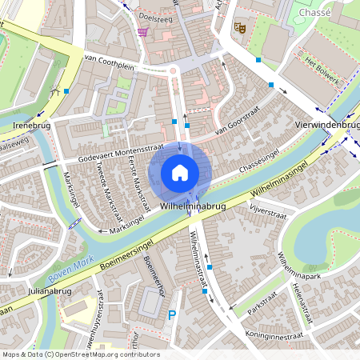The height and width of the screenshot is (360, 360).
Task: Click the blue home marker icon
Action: click(180, 173)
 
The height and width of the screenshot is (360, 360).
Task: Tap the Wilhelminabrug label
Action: click(191, 206)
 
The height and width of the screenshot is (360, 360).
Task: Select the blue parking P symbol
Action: click(171, 316)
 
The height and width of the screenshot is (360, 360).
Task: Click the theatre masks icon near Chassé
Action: click(238, 27)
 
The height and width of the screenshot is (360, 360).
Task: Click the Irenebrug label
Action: click(31, 126)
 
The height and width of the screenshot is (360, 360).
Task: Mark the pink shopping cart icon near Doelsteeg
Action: click(142, 31)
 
